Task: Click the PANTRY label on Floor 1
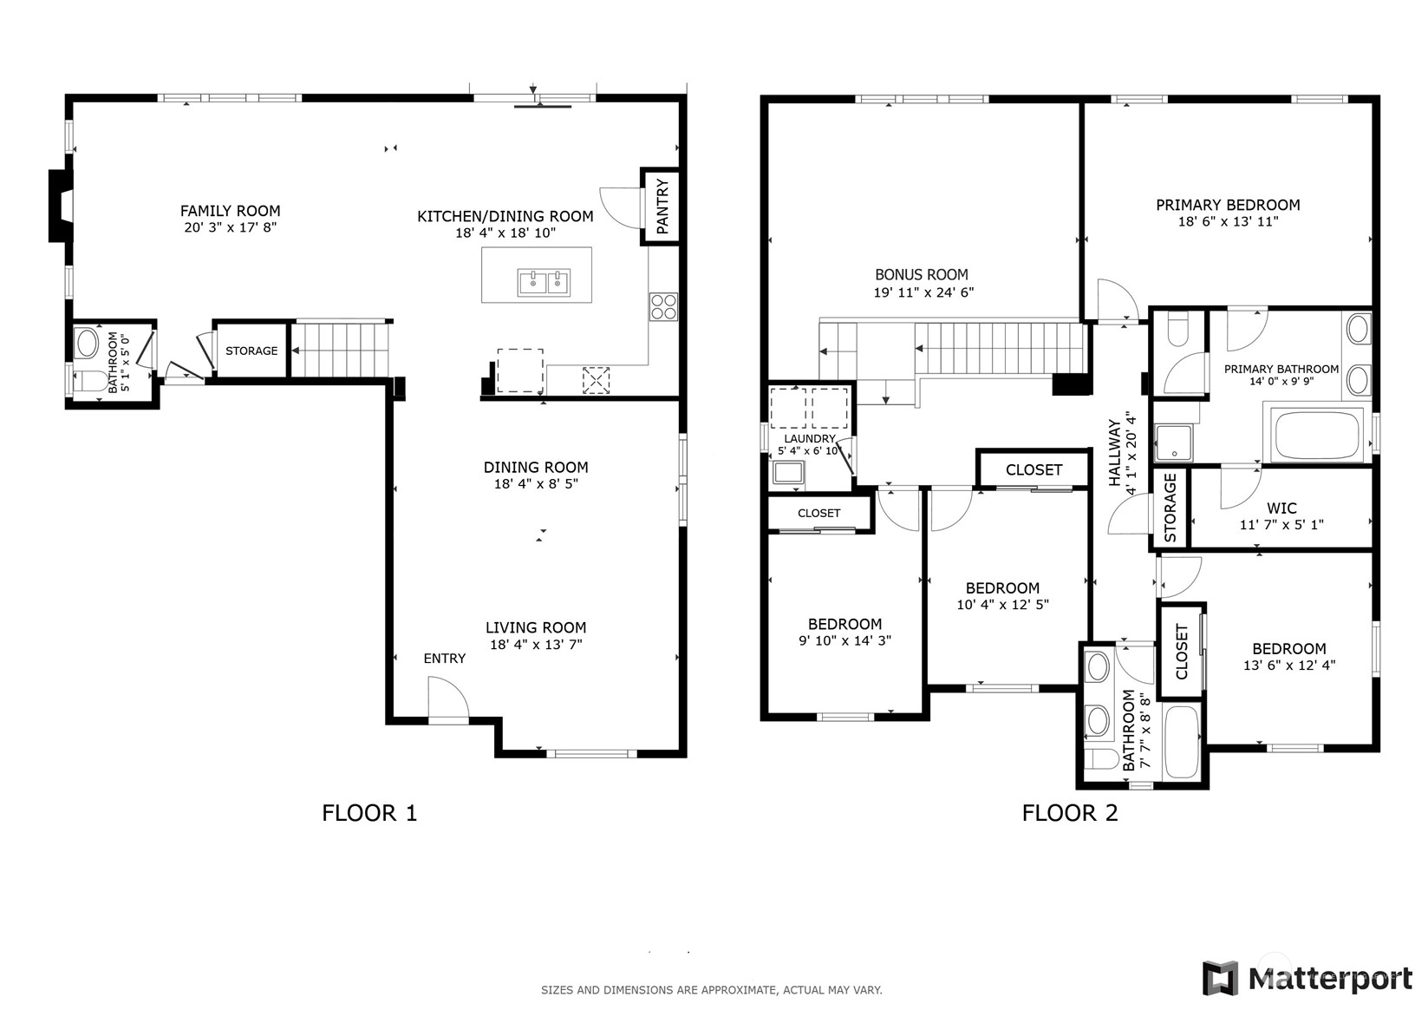(662, 207)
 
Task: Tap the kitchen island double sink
(544, 282)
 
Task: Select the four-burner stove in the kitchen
(663, 306)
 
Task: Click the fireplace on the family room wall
(60, 206)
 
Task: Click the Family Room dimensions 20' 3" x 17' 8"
(230, 228)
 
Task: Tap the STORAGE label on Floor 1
(251, 351)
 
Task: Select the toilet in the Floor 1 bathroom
(89, 381)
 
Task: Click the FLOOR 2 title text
(1069, 813)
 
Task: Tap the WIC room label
(1281, 508)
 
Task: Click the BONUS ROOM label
(921, 274)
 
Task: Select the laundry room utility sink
(788, 474)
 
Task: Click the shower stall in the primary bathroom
(1174, 442)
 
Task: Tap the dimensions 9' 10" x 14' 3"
(844, 641)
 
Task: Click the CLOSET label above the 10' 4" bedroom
(1034, 469)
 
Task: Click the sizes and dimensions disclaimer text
(711, 989)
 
